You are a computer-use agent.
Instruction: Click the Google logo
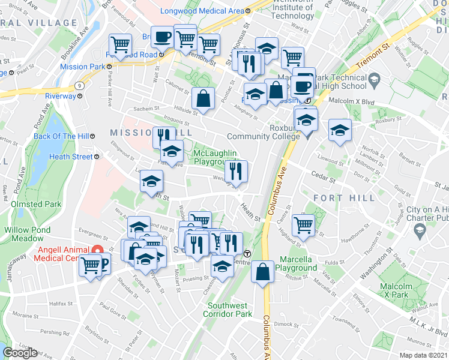[x=20, y=353]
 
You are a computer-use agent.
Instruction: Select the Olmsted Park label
[x=36, y=204]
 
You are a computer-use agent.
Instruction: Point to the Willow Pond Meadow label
[x=28, y=234]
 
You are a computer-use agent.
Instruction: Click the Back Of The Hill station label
[x=61, y=136]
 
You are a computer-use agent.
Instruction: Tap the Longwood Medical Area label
[x=202, y=10]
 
